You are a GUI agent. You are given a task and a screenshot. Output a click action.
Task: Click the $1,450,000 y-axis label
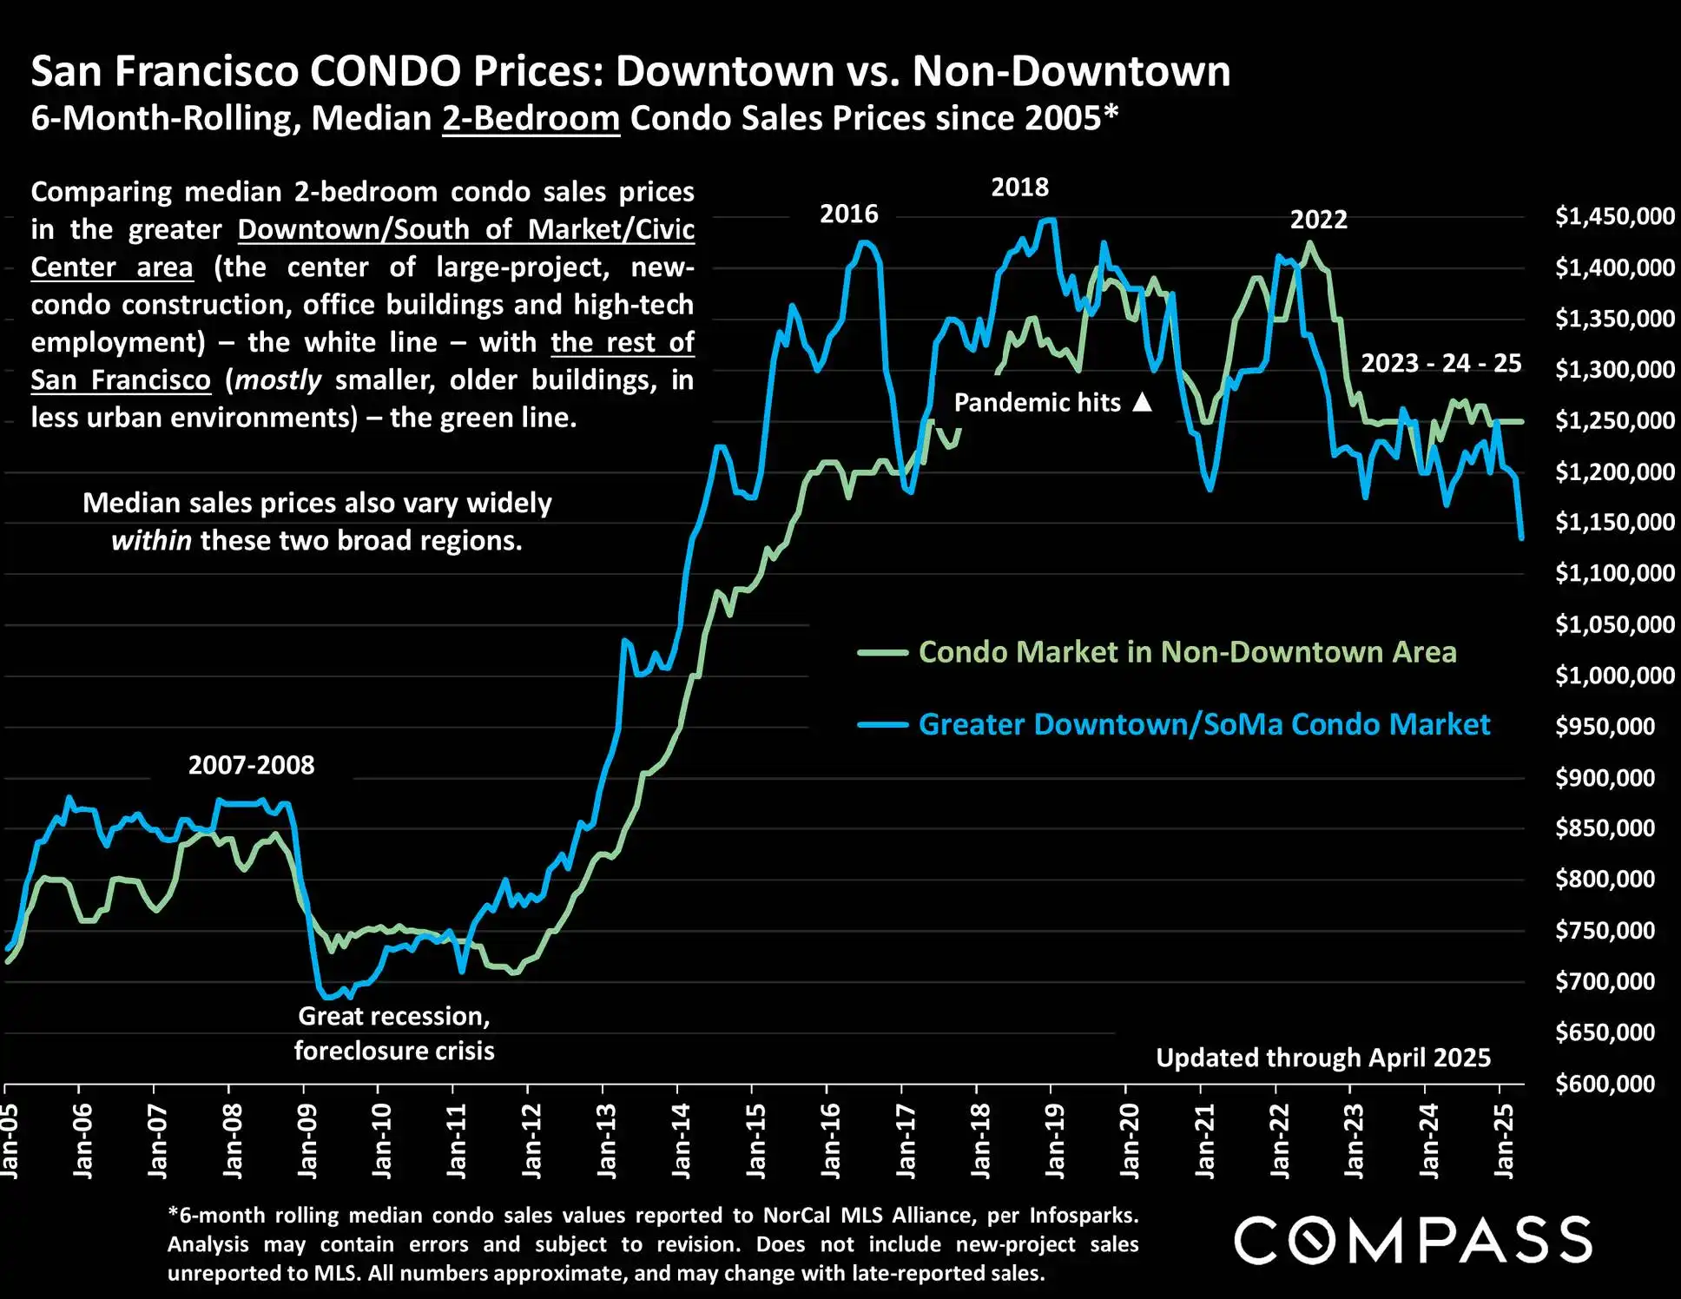pyautogui.click(x=1614, y=216)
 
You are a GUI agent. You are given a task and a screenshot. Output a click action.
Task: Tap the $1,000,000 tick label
pyautogui.click(x=1614, y=676)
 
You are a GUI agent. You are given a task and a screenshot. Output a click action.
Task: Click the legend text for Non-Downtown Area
pyautogui.click(x=1187, y=652)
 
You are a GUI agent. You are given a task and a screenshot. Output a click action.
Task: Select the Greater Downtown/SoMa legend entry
pyautogui.click(x=1203, y=724)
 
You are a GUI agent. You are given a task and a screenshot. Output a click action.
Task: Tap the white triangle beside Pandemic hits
pyautogui.click(x=1143, y=402)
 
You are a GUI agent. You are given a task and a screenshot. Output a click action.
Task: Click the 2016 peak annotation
pyautogui.click(x=849, y=214)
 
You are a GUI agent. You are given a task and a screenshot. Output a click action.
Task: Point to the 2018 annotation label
pyautogui.click(x=1019, y=187)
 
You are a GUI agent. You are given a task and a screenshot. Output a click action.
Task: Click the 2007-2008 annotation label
pyautogui.click(x=251, y=765)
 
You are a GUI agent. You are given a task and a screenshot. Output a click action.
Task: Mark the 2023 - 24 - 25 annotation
pyautogui.click(x=1440, y=363)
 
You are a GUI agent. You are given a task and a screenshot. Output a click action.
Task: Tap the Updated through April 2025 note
pyautogui.click(x=1322, y=1058)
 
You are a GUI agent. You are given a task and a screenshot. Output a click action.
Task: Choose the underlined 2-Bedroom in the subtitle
pyautogui.click(x=531, y=118)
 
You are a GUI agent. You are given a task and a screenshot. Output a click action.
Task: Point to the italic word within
pyautogui.click(x=151, y=541)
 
